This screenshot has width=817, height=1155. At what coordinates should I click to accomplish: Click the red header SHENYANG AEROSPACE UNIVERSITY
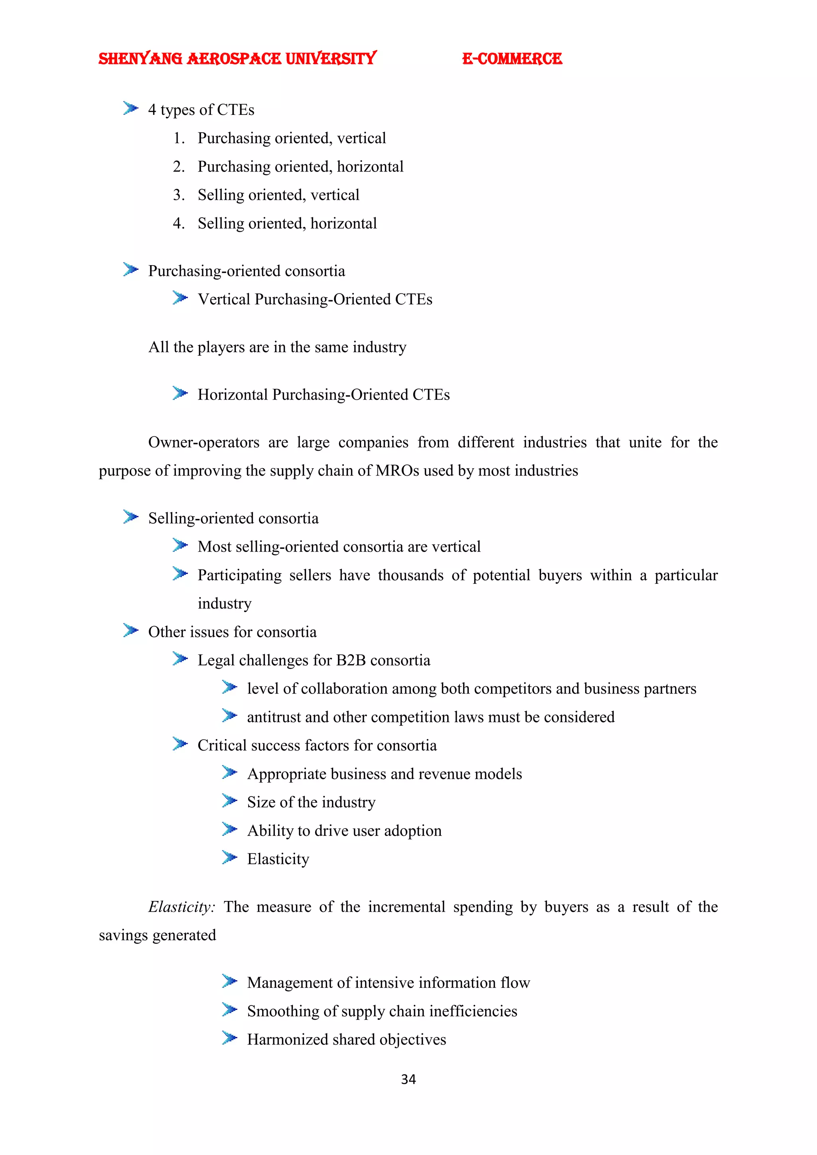[x=237, y=59]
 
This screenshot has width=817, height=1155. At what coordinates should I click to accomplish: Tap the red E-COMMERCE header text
[x=512, y=59]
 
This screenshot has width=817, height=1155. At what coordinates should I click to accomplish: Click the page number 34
[x=408, y=1079]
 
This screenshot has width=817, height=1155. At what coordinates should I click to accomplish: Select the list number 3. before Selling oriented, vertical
[x=179, y=195]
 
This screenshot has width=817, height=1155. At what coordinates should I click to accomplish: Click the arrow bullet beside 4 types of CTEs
[x=130, y=108]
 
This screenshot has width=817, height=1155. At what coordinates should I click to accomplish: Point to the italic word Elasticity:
[x=182, y=907]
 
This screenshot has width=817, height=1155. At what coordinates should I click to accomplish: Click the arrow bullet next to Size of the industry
[x=229, y=801]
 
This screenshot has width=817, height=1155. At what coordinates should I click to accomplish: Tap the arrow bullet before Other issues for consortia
[x=130, y=631]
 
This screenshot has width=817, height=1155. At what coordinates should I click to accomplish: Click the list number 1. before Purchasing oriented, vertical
[x=179, y=138]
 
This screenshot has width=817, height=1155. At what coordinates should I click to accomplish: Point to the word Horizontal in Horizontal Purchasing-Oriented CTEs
[x=233, y=395]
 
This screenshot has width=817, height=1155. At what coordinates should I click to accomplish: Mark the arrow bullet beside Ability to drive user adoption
[x=229, y=830]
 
